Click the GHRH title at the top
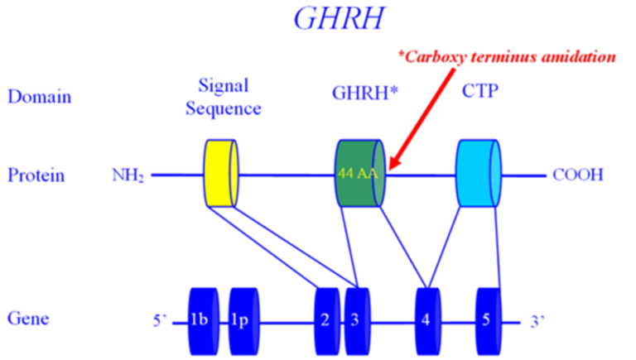[339, 18]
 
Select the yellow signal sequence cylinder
[221, 173]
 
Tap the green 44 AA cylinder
[360, 173]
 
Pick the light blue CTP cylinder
[479, 173]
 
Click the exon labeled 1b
[203, 321]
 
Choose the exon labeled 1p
[243, 321]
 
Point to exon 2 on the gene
[327, 321]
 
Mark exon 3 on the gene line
[358, 321]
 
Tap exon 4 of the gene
[428, 321]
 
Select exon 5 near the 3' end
[489, 321]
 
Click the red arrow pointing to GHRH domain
[422, 119]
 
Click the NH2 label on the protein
[128, 175]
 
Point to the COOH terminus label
[578, 175]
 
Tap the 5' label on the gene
[160, 320]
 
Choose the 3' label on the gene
[537, 321]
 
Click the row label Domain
[40, 97]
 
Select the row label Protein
[36, 175]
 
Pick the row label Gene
[28, 319]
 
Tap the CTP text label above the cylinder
[479, 91]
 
